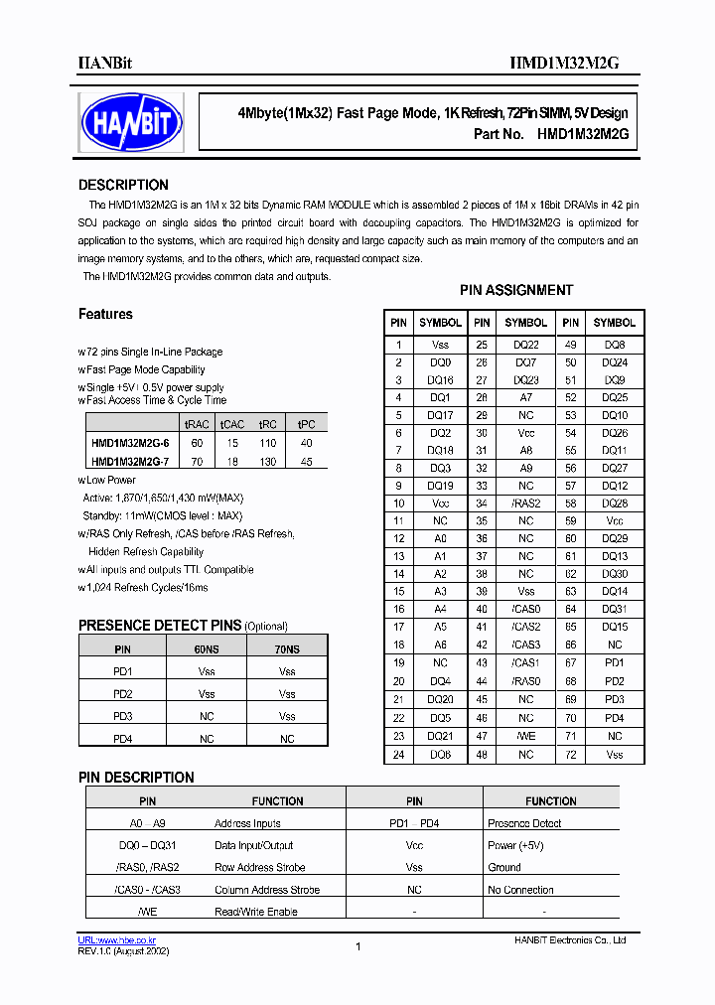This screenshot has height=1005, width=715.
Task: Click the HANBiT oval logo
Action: (131, 122)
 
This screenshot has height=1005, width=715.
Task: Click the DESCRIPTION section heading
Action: (123, 186)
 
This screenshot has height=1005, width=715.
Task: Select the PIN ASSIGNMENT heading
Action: (515, 291)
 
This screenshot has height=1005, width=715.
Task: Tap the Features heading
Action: (105, 315)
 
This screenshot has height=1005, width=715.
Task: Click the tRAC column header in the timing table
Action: (197, 424)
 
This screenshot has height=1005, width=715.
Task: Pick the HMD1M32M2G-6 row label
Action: (130, 443)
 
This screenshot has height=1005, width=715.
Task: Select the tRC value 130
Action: (267, 461)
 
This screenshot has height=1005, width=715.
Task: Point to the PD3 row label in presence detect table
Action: (123, 716)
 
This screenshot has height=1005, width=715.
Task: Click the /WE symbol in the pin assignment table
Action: (525, 736)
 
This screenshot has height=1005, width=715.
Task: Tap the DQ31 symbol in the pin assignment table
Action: (615, 609)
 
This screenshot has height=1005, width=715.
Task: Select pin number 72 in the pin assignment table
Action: (570, 755)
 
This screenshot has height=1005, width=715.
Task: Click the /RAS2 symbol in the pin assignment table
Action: (525, 503)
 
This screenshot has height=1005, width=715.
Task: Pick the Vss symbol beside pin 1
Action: (440, 345)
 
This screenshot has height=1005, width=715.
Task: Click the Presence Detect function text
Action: (524, 823)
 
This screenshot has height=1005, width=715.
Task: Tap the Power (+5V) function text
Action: (515, 846)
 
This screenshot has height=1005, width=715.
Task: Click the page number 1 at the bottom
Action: (357, 946)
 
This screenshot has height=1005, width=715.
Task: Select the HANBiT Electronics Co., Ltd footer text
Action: (570, 939)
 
